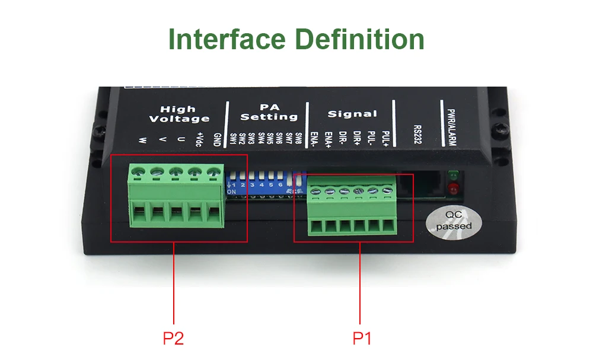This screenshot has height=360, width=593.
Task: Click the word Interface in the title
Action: coord(227,39)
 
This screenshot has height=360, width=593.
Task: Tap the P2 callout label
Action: coord(173,339)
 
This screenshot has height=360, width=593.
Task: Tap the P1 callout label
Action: coord(362,339)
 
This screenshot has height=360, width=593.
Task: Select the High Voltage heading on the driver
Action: coord(178,114)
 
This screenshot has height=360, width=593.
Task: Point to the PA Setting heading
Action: coord(269,112)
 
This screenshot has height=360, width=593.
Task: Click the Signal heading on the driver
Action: coord(352,114)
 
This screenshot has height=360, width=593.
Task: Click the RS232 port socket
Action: coord(421,185)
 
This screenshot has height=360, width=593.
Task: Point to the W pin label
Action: coord(143,141)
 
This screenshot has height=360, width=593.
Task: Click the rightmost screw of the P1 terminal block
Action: coord(387,191)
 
